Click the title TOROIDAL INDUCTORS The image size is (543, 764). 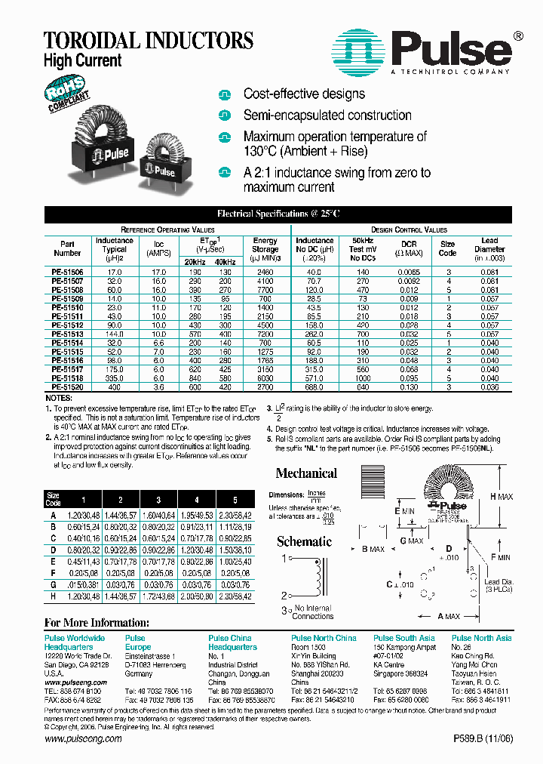click(149, 40)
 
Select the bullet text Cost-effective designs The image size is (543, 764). click(303, 94)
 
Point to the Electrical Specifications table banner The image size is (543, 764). click(278, 214)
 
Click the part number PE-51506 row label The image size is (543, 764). click(68, 271)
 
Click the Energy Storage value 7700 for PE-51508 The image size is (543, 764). click(265, 289)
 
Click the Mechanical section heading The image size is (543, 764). click(306, 473)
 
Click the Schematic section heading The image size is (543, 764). click(304, 541)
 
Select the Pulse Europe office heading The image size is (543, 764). click(138, 642)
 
